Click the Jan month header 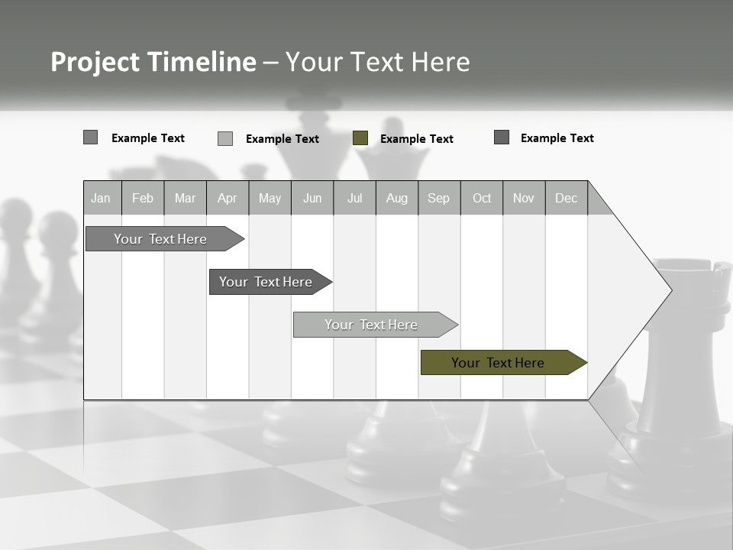[x=102, y=198]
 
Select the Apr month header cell [x=227, y=198]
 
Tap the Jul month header [x=354, y=198]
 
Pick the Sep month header [x=438, y=198]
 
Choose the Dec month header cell [x=566, y=198]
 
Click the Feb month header [x=143, y=198]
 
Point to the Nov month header [x=524, y=198]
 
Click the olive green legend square [x=360, y=138]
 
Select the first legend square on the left [x=91, y=137]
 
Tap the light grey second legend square [x=225, y=138]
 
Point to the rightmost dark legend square [x=502, y=137]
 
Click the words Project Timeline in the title [x=153, y=62]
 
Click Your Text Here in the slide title [x=377, y=62]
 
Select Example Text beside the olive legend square [x=416, y=139]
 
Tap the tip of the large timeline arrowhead [x=670, y=290]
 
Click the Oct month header [x=482, y=198]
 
